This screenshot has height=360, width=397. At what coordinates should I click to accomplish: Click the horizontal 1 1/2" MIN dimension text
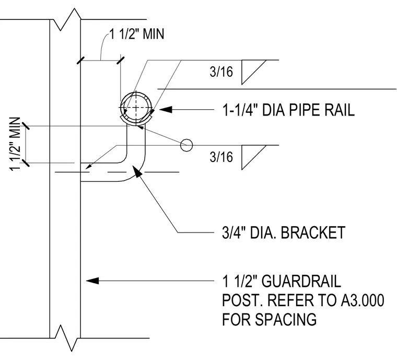click(x=137, y=34)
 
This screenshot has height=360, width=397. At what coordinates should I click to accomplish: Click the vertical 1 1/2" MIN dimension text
click(x=15, y=144)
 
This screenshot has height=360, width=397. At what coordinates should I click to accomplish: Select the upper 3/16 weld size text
click(x=221, y=72)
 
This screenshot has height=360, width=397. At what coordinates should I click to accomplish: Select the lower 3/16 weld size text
click(x=221, y=157)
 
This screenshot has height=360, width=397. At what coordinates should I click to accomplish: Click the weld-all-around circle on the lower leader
click(x=186, y=145)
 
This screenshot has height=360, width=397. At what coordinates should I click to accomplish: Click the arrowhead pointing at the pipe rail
click(x=166, y=110)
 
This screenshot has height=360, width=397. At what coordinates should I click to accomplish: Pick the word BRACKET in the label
click(x=313, y=233)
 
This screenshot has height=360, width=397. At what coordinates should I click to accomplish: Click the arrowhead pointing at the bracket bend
click(x=137, y=171)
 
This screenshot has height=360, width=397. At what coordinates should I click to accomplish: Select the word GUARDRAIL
click(x=301, y=281)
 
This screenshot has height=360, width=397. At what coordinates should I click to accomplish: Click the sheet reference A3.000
click(x=363, y=300)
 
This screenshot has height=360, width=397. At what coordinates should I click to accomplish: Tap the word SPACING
click(x=286, y=319)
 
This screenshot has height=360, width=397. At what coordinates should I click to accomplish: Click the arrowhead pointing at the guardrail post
click(x=92, y=281)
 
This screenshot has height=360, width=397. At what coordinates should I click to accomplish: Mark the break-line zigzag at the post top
click(x=65, y=19)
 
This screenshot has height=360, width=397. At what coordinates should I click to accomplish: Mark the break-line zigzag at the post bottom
click(x=65, y=338)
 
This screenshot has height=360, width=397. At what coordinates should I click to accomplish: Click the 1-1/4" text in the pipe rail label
click(x=238, y=110)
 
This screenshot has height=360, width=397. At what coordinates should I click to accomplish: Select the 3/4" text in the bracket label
click(x=234, y=233)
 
